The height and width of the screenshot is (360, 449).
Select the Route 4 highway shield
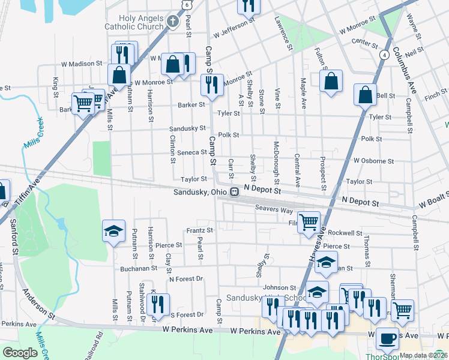point(382,55)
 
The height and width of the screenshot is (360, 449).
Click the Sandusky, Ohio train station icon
point(236,192)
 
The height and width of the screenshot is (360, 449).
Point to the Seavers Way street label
point(274,210)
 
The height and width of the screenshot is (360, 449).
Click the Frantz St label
point(199,230)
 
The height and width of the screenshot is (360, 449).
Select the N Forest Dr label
point(186,279)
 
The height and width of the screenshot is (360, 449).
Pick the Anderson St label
point(38,302)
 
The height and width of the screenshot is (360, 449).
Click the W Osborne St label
point(373,161)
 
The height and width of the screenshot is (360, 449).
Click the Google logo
point(20,353)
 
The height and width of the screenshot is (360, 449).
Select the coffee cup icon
point(387,337)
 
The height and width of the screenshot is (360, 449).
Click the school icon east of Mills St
point(113,230)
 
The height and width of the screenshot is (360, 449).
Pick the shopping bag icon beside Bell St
point(365,94)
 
